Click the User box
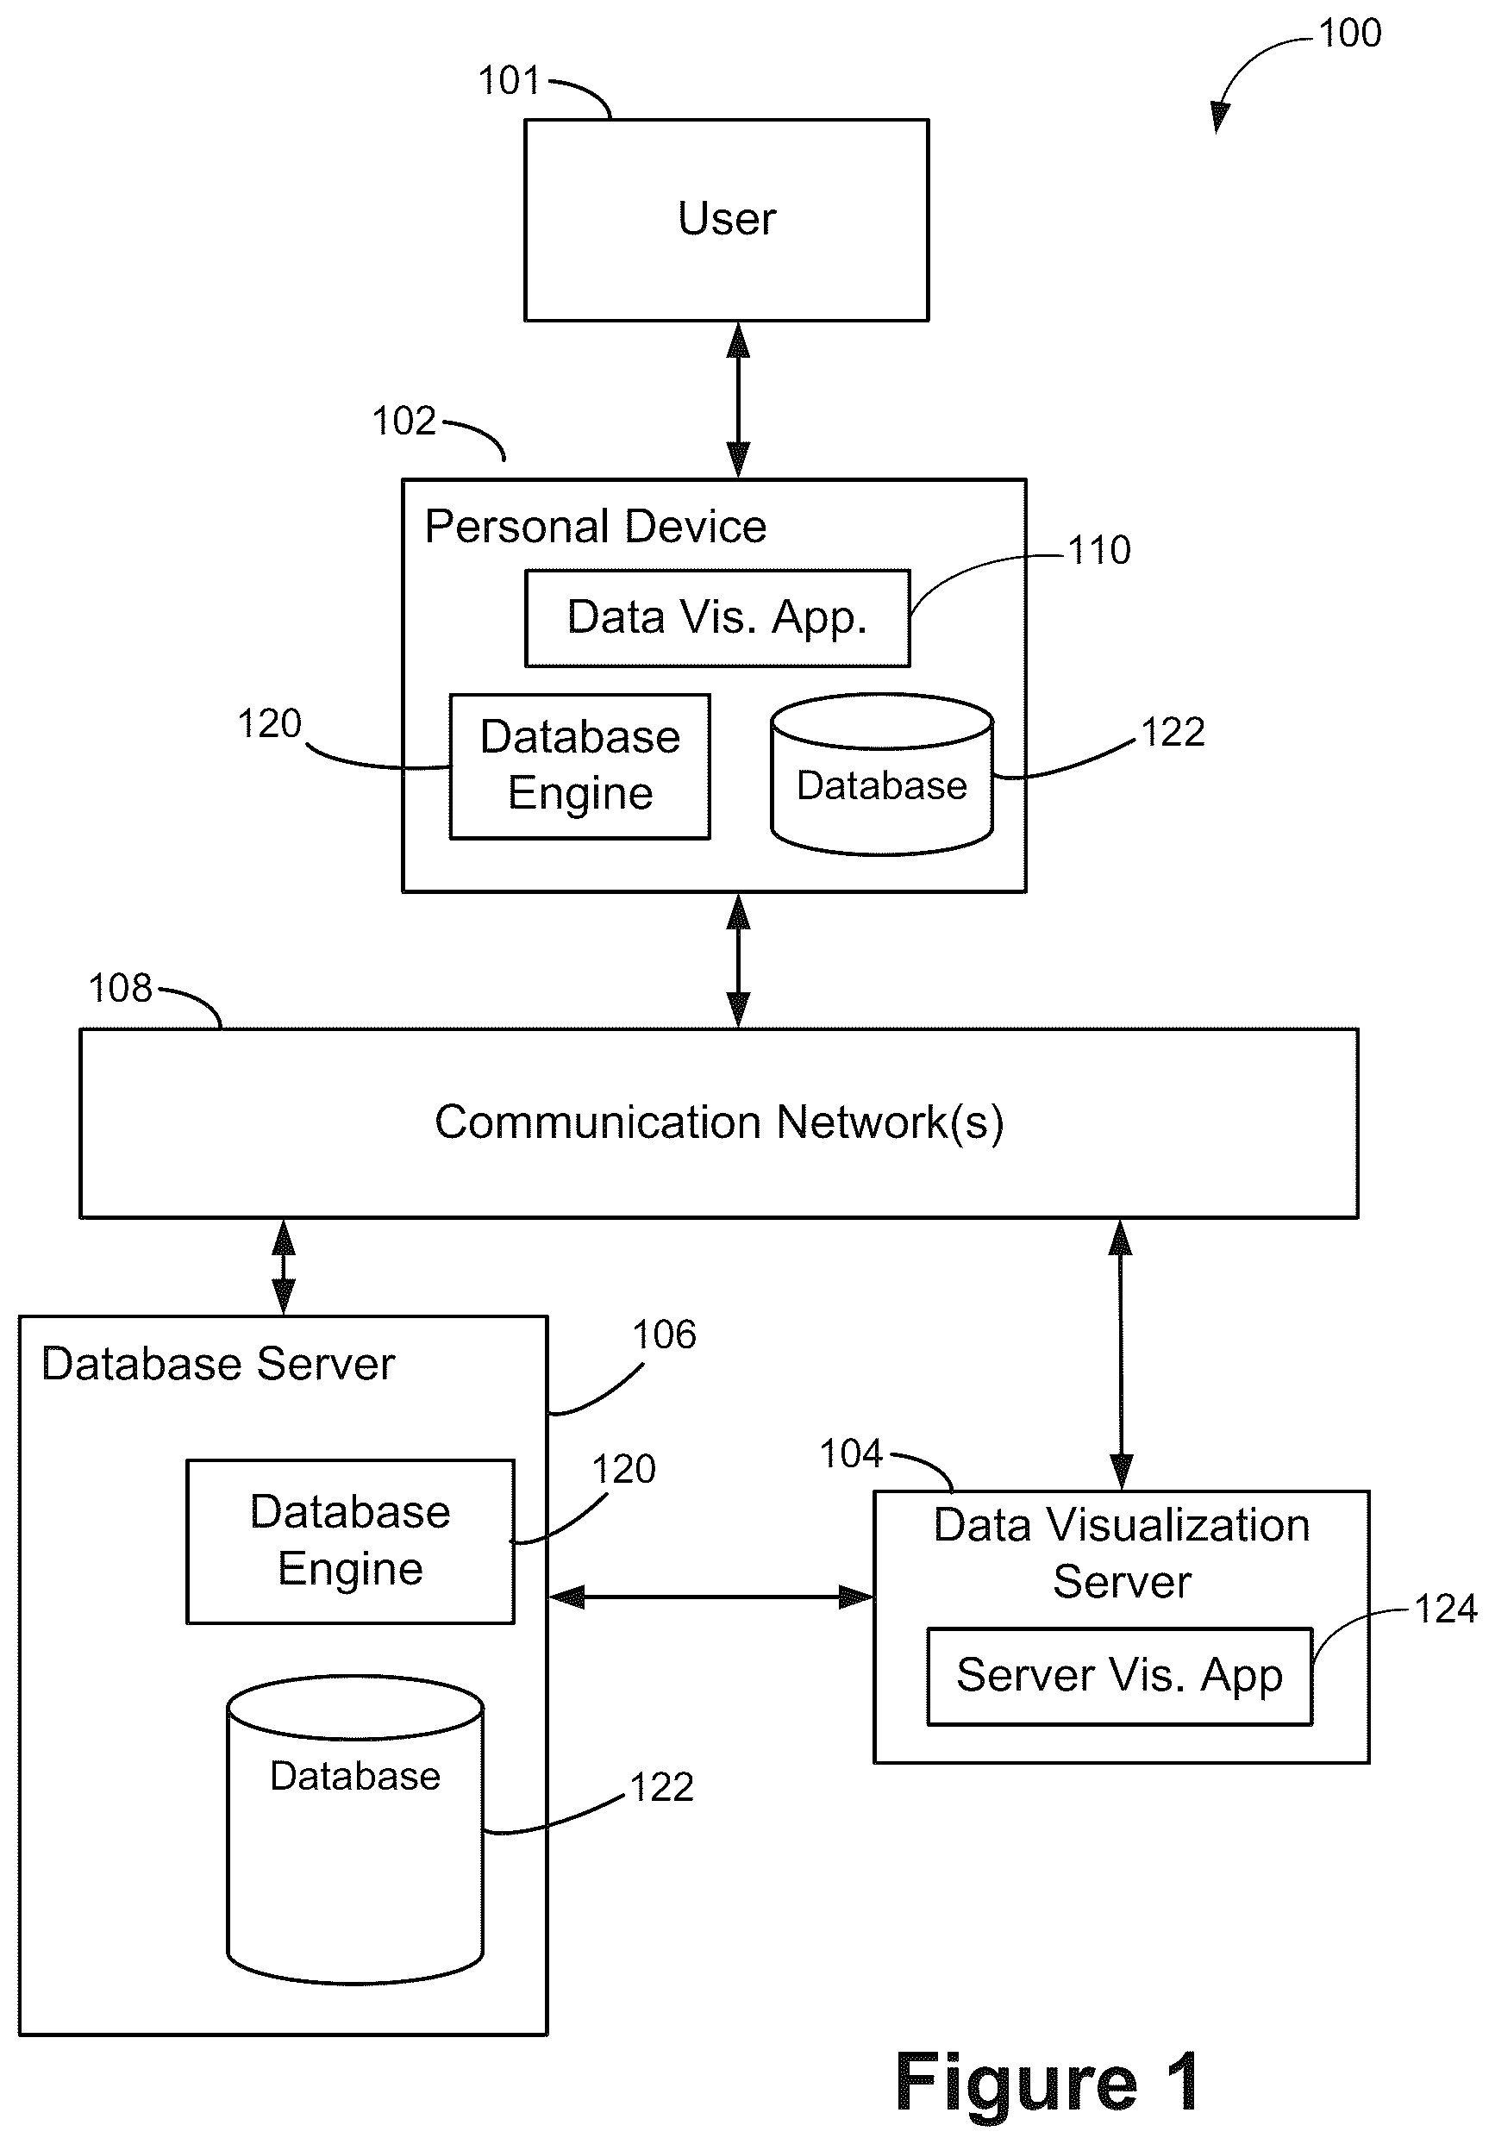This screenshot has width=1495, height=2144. pyautogui.click(x=727, y=220)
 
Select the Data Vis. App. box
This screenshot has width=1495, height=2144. pyautogui.click(x=717, y=618)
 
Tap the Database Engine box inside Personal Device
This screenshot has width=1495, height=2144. pyautogui.click(x=580, y=766)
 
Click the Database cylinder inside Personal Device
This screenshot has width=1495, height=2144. pyautogui.click(x=881, y=774)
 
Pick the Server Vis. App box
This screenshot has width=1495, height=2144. pyautogui.click(x=1120, y=1676)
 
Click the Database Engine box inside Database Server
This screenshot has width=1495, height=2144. pyautogui.click(x=350, y=1541)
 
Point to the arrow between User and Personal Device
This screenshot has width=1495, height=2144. pyautogui.click(x=739, y=401)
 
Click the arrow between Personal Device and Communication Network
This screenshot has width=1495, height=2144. pyautogui.click(x=739, y=961)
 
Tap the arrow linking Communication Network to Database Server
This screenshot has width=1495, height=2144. pyautogui.click(x=283, y=1267)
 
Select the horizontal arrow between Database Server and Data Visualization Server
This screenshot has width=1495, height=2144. pyautogui.click(x=711, y=1597)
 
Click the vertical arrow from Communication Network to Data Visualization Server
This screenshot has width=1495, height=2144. pyautogui.click(x=1121, y=1354)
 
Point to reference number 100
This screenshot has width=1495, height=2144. pyautogui.click(x=1349, y=34)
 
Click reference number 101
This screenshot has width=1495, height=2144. pyautogui.click(x=509, y=81)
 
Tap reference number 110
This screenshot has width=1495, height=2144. pyautogui.click(x=1099, y=551)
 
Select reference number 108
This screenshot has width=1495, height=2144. pyautogui.click(x=121, y=989)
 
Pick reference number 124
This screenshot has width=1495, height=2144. pyautogui.click(x=1446, y=1610)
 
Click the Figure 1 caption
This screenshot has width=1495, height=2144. pyautogui.click(x=1048, y=2083)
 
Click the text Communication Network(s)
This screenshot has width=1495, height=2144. pyautogui.click(x=719, y=1122)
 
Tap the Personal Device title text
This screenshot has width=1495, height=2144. pyautogui.click(x=596, y=527)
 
